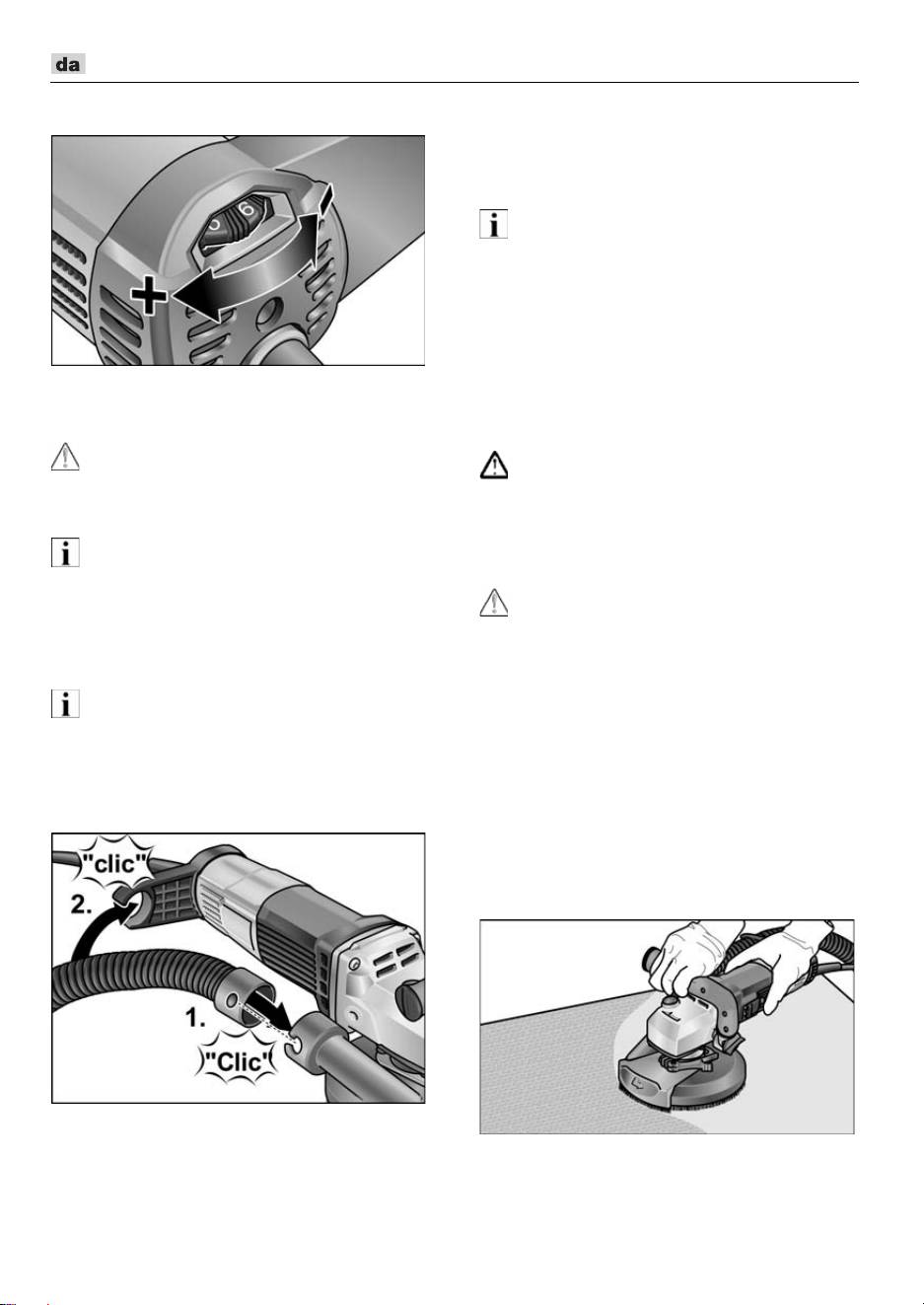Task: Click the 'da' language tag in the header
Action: (x=68, y=64)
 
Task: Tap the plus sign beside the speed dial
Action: (x=148, y=295)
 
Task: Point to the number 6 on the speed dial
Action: (x=247, y=208)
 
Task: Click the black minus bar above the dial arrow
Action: (x=326, y=198)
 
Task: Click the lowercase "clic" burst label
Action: (x=116, y=863)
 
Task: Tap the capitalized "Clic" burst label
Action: (x=239, y=1062)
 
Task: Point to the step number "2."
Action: (x=82, y=906)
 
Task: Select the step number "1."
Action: (x=196, y=1018)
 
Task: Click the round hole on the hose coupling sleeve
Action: (x=232, y=1001)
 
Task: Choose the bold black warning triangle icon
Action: (x=494, y=465)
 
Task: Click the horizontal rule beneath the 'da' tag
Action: (x=455, y=82)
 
